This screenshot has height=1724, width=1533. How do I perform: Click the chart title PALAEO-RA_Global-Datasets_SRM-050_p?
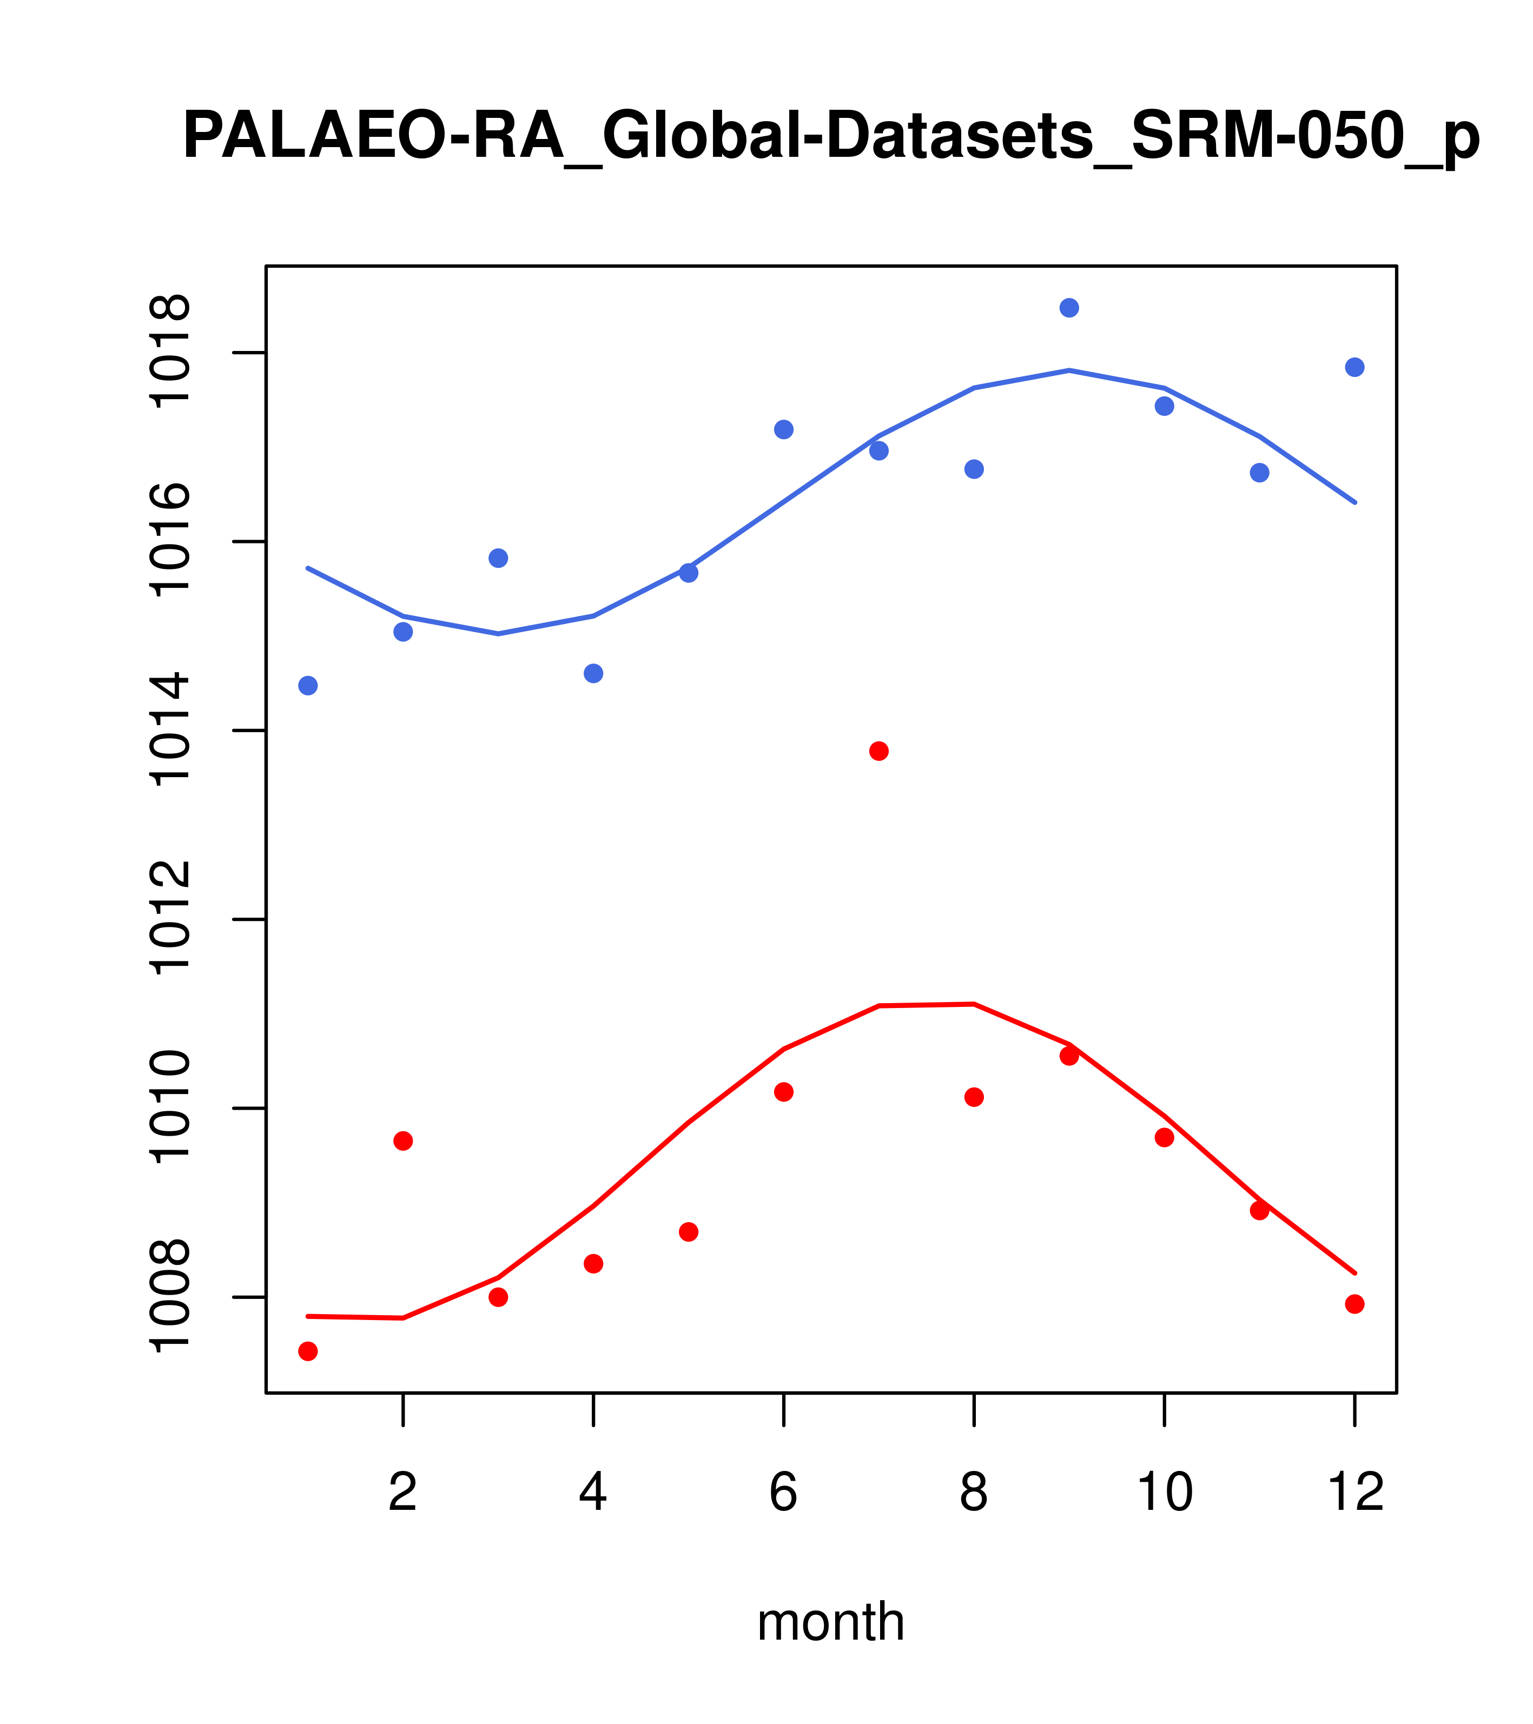click(x=831, y=137)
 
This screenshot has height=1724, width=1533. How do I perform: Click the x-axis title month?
click(x=831, y=1621)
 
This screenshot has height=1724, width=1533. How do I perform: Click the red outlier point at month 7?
click(x=878, y=751)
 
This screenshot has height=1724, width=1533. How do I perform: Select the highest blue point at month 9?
click(x=1069, y=308)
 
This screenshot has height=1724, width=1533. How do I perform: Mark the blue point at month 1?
click(x=308, y=686)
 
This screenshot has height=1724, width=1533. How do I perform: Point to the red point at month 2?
click(x=404, y=1141)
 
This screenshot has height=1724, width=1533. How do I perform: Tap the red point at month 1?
click(x=308, y=1351)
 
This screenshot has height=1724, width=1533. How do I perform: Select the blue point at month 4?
click(x=593, y=673)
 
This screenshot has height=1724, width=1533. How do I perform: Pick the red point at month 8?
click(x=974, y=1097)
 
